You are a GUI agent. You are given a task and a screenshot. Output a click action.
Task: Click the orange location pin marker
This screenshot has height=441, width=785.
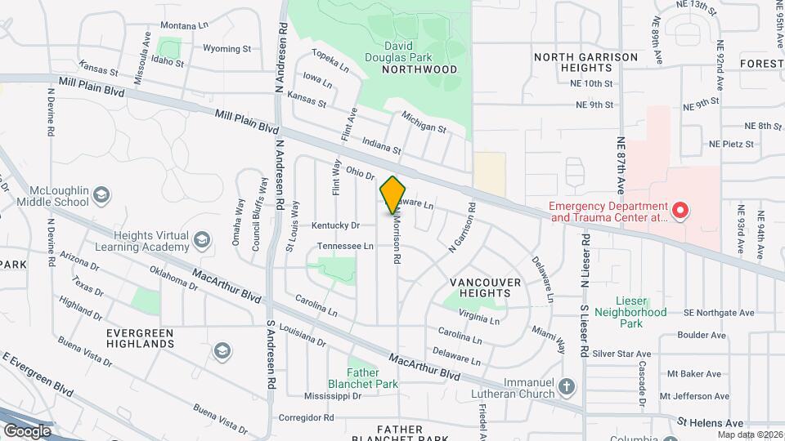[393, 194]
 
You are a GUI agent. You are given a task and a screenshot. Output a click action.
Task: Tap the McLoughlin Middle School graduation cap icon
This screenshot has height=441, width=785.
[101, 195]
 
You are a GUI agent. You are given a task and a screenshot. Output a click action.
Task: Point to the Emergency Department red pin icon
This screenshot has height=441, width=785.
[680, 212]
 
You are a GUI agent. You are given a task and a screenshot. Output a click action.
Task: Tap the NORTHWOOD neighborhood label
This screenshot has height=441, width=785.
[419, 69]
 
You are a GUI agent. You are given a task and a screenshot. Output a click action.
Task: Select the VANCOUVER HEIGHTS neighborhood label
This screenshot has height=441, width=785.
[486, 288]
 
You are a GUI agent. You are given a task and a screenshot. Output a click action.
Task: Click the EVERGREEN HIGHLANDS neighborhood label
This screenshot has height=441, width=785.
[140, 339]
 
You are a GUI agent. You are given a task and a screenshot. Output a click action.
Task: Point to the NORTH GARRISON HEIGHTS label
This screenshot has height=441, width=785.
[585, 62]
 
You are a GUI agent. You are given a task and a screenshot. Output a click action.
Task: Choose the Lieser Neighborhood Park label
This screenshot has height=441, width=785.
[630, 318]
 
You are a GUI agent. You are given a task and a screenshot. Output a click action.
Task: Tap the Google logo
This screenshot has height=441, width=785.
[27, 430]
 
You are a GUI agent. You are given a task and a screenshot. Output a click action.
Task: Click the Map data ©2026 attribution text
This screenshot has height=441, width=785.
[750, 434]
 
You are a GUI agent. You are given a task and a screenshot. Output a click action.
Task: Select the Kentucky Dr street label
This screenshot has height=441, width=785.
[335, 225]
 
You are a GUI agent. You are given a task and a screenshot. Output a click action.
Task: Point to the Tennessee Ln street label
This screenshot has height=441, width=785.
[344, 246]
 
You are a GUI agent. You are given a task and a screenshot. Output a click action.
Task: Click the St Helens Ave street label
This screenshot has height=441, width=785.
[710, 423]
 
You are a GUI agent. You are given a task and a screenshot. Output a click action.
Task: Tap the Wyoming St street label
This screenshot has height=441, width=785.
[227, 49]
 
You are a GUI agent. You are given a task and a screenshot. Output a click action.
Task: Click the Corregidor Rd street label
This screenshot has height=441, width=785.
[307, 416]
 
